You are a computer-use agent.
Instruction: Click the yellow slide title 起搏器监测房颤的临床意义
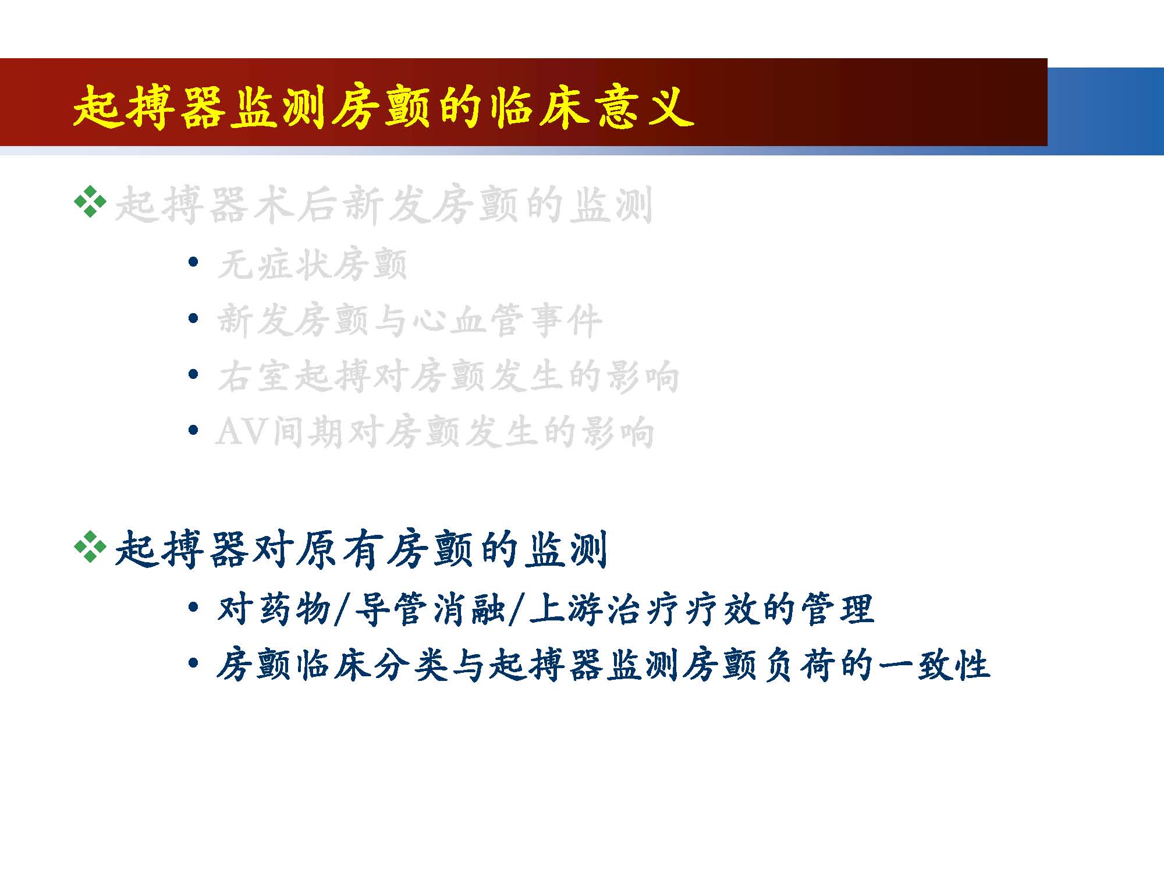[384, 107]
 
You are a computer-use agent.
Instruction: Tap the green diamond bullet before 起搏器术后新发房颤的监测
[91, 202]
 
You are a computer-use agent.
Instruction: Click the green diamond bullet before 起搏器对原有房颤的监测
[91, 546]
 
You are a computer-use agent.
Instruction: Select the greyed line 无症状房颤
[312, 265]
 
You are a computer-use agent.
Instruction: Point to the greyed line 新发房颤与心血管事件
[409, 321]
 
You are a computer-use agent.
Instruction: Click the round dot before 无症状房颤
[194, 262]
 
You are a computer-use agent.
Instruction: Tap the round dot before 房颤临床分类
[194, 662]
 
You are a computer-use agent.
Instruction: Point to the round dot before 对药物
[194, 607]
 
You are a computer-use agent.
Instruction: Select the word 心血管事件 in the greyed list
[506, 321]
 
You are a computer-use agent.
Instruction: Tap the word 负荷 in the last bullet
[799, 665]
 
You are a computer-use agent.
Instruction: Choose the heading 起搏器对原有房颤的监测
[361, 548]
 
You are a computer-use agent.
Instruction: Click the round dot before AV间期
[194, 430]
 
